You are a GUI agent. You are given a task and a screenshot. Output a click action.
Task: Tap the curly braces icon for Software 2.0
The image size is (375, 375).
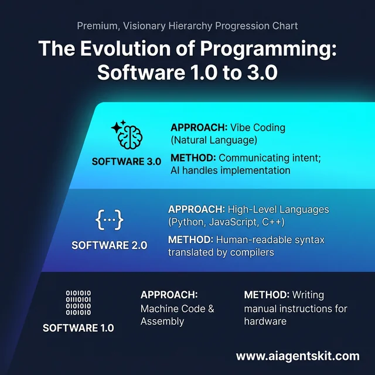(109, 220)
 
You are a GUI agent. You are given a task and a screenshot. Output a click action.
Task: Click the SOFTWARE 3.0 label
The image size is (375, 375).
(127, 162)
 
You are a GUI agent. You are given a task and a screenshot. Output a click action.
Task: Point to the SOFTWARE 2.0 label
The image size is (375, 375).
(109, 245)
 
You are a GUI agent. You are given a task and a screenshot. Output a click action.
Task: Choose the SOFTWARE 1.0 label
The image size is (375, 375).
(79, 328)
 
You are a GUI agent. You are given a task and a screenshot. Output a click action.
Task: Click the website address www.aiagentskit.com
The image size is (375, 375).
(298, 356)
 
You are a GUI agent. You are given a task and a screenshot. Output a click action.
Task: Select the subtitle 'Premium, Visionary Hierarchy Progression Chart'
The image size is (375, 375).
(187, 26)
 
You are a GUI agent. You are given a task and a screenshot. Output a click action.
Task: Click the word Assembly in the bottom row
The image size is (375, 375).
(162, 321)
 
